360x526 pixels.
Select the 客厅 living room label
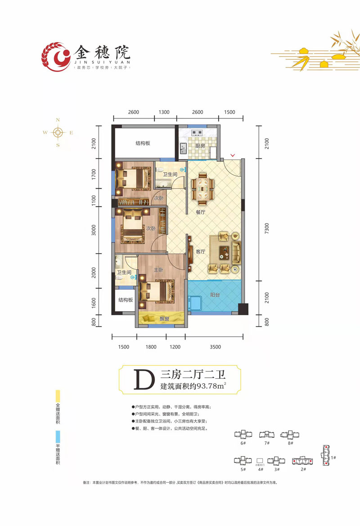tap(201, 251)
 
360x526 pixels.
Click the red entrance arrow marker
tap(232, 156)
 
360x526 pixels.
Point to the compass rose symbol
tap(58, 132)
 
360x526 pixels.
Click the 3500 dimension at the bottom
tap(215, 347)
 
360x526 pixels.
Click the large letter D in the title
tap(142, 380)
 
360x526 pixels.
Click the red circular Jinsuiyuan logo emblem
tap(56, 57)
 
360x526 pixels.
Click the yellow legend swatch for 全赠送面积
tap(57, 397)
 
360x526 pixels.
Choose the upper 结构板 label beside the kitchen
tap(143, 143)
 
